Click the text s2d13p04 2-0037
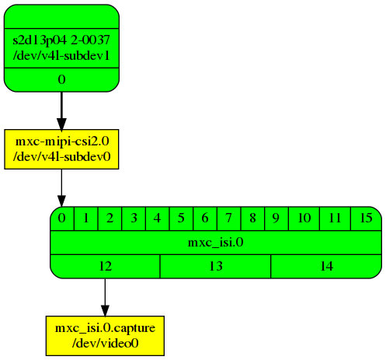pos(61,40)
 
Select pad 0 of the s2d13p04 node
pos(61,79)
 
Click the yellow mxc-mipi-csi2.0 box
pos(61,149)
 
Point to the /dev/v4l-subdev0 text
pos(61,156)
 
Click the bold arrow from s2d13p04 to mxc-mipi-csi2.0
pos(61,110)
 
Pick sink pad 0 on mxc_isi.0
pos(61,218)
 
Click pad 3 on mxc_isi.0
pos(134,218)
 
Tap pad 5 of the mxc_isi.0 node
pos(181,218)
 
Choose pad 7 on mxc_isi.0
pos(228,218)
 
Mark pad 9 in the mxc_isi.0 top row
pos(276,218)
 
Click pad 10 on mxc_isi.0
pos(304,218)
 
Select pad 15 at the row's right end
pos(366,218)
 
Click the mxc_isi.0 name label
pos(216,243)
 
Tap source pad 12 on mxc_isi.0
pos(105,267)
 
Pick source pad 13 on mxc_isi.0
pos(215,267)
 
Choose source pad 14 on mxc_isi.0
pos(326,267)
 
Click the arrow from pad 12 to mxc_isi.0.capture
pos(105,295)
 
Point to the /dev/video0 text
pos(105,341)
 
